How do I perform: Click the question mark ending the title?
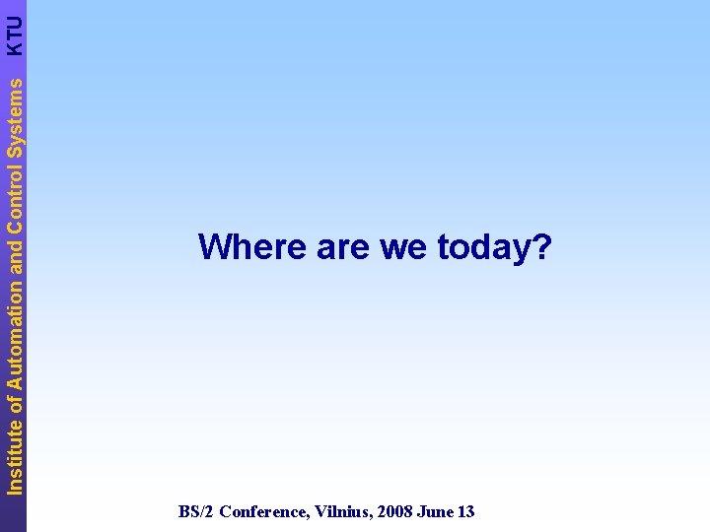point(541,247)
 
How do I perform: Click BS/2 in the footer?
point(195,511)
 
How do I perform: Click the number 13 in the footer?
point(465,511)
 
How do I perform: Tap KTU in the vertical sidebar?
point(14,35)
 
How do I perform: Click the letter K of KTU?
point(14,47)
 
